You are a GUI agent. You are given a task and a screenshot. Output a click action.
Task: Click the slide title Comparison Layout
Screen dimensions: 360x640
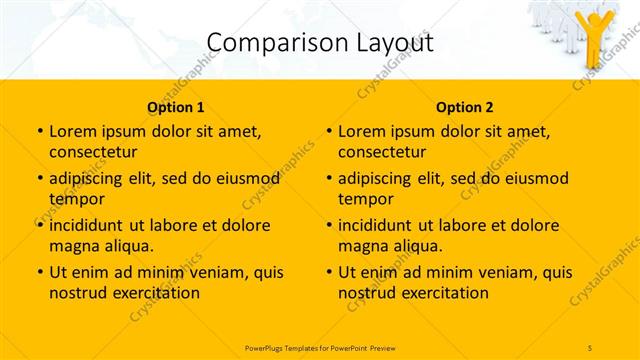tap(319, 43)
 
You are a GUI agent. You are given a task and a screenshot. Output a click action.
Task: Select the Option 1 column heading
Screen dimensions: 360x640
tap(175, 107)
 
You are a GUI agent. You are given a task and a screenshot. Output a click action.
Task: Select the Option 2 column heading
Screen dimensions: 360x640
tap(464, 107)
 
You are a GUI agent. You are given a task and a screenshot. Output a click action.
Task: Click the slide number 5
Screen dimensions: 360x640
tap(591, 346)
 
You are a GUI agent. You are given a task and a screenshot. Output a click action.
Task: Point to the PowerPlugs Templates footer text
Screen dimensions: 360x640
tap(319, 346)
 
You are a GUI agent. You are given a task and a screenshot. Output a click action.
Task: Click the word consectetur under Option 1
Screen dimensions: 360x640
tap(93, 152)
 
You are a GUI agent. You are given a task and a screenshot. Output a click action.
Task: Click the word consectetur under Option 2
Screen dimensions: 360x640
tap(382, 152)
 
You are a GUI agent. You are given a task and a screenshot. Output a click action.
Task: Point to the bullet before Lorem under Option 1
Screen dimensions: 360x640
tap(39, 132)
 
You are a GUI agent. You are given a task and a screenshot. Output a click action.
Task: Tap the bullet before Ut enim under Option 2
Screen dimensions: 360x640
tap(328, 272)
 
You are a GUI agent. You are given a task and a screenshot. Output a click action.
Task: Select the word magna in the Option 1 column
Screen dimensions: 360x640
tap(73, 246)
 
